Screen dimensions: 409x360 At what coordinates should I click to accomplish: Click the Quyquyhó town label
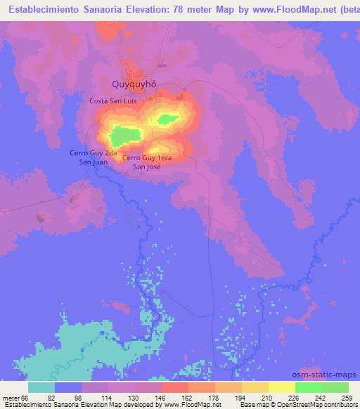point(134,84)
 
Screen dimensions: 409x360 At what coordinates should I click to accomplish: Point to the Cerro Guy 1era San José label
point(147,162)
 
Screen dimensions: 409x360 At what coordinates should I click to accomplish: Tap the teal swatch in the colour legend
point(41,387)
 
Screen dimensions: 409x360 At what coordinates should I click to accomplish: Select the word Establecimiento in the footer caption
point(27,405)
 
